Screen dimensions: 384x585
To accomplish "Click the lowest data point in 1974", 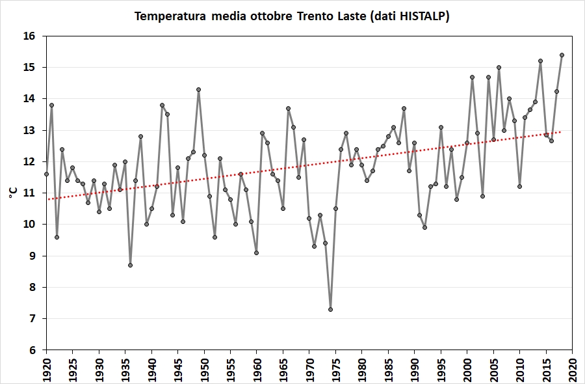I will (x=330, y=309).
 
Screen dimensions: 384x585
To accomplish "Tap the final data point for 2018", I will (x=562, y=55).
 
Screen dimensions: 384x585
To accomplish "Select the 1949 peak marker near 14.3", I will (x=199, y=89).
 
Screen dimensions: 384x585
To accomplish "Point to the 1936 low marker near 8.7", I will (x=130, y=265).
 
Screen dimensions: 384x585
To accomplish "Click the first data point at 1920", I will (x=46, y=174).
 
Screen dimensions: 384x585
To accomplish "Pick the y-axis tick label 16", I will (x=29, y=36).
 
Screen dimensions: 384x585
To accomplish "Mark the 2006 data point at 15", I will (x=499, y=67).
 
